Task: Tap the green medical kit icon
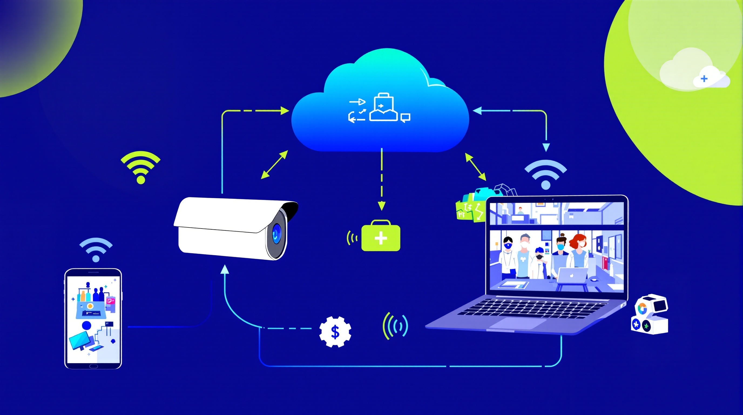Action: click(x=381, y=237)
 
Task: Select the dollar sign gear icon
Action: click(x=335, y=332)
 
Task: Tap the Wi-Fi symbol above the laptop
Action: click(x=545, y=175)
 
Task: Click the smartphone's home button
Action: click(x=93, y=366)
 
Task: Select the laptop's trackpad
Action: click(x=518, y=323)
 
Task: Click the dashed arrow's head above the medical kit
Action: click(x=381, y=206)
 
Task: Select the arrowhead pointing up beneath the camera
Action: click(x=225, y=270)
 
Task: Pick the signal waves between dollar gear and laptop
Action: click(x=395, y=326)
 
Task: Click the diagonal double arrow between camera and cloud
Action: click(x=274, y=165)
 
